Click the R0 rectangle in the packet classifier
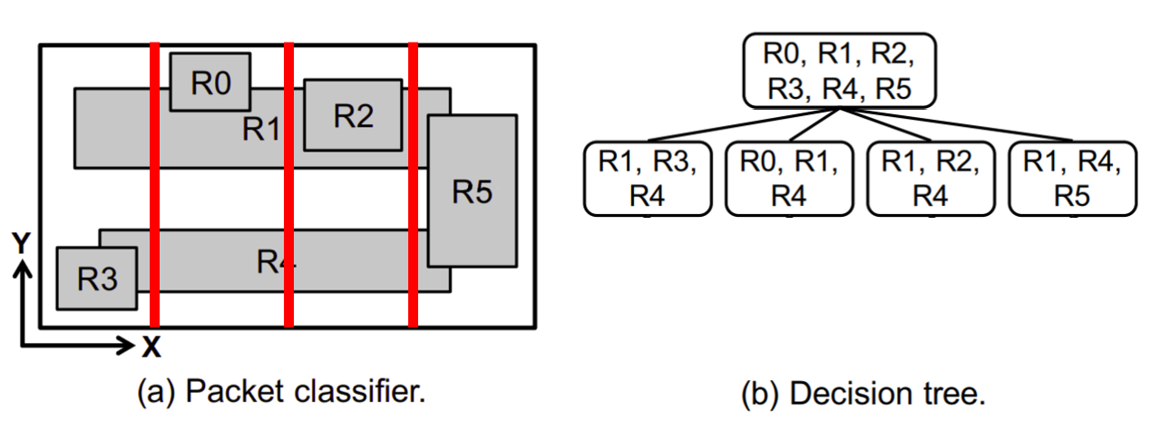(210, 82)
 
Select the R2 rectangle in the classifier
(352, 115)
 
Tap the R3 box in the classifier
(97, 279)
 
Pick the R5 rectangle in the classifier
(472, 191)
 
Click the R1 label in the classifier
(261, 130)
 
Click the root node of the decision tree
(838, 71)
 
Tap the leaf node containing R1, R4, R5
(1072, 179)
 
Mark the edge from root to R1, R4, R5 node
(957, 124)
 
